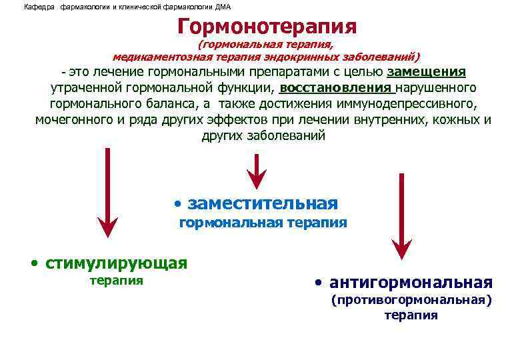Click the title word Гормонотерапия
click(x=267, y=26)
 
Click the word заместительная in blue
click(x=263, y=203)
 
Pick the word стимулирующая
click(x=116, y=262)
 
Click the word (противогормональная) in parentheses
click(x=411, y=301)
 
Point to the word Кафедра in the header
click(x=37, y=7)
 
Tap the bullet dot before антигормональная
click(x=319, y=282)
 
